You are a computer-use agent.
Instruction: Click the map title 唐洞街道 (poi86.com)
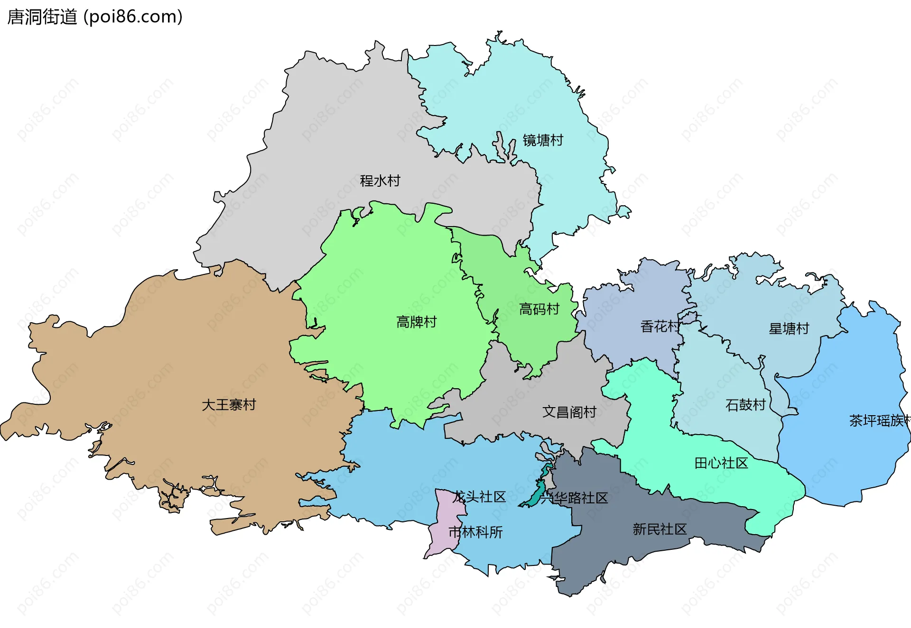click(95, 17)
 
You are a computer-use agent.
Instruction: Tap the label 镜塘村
click(543, 140)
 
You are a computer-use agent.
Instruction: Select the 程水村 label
click(380, 181)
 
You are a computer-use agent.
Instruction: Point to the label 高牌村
click(417, 322)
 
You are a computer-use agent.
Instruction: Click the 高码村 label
click(539, 309)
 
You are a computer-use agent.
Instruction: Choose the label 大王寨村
click(229, 405)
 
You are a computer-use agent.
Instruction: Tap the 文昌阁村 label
click(569, 412)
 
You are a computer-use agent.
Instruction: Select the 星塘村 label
click(789, 328)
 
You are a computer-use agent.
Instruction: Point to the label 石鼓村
click(746, 405)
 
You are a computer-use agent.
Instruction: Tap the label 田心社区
click(721, 463)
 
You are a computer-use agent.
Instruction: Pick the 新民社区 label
click(660, 529)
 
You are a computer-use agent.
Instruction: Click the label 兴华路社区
click(574, 498)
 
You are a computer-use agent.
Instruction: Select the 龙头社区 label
click(479, 497)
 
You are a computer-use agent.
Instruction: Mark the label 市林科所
click(475, 532)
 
